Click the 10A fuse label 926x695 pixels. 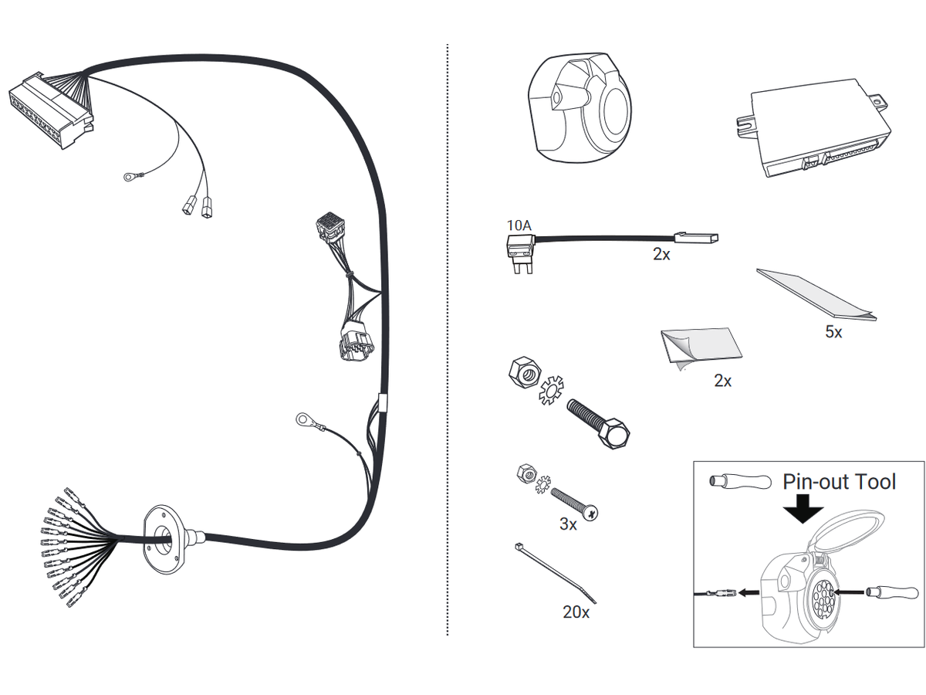[x=519, y=225]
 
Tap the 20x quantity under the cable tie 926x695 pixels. [x=576, y=612]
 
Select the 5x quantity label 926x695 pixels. [x=833, y=332]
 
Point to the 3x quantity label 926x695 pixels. [x=568, y=524]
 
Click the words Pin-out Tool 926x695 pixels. [x=839, y=481]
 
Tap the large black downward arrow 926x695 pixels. [x=803, y=508]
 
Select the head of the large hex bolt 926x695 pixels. [x=613, y=433]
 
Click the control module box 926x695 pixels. [x=812, y=128]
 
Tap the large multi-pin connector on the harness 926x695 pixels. [x=51, y=112]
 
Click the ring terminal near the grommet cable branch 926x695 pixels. [x=302, y=419]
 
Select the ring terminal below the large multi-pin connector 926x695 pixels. [x=128, y=177]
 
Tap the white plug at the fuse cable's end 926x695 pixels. [x=697, y=238]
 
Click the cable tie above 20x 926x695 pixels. [x=555, y=573]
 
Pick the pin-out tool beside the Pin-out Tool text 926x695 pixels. [x=740, y=481]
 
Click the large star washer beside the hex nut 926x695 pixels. [x=551, y=390]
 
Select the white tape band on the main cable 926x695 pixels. [x=383, y=402]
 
